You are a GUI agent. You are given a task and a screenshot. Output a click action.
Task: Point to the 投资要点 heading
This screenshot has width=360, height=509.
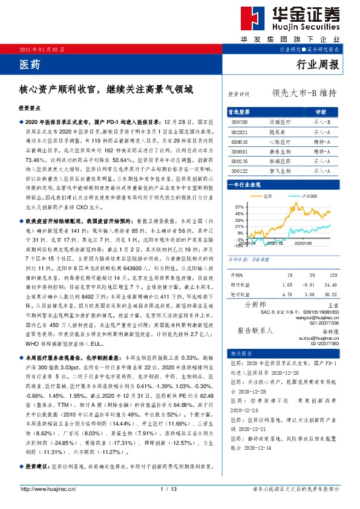point(29,107)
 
